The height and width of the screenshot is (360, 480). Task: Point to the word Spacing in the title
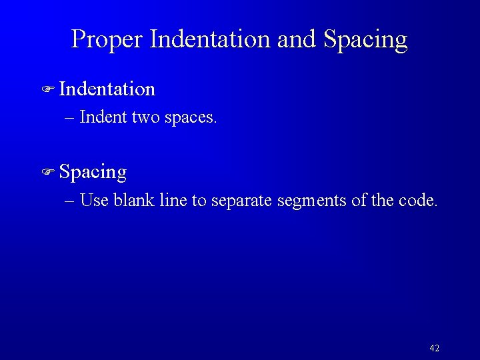click(x=365, y=40)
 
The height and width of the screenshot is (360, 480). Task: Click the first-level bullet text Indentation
click(x=107, y=89)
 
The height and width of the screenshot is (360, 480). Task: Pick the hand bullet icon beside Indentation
click(x=47, y=89)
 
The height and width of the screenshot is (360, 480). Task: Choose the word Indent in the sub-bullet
click(x=103, y=118)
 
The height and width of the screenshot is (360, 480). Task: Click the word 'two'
click(x=145, y=118)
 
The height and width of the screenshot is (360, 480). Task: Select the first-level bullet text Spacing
click(x=93, y=173)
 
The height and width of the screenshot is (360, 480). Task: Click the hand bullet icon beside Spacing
click(x=47, y=173)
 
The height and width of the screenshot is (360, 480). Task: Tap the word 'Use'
click(x=94, y=200)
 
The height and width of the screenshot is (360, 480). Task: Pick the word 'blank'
click(x=135, y=200)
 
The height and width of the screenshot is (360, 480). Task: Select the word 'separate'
click(x=241, y=201)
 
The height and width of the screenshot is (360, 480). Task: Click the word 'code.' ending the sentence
click(x=419, y=200)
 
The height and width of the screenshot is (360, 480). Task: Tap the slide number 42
click(x=434, y=348)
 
